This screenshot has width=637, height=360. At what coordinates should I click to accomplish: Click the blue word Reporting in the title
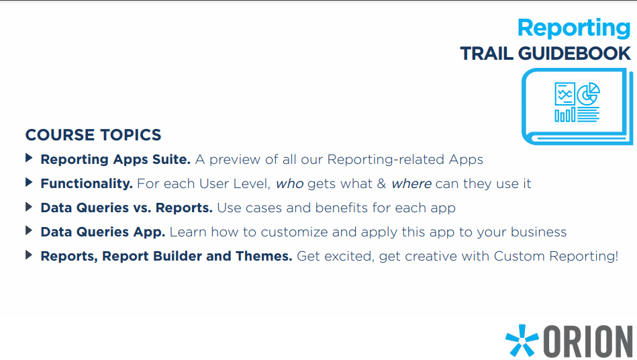[574, 28]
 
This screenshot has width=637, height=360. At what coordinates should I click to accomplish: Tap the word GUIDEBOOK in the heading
[575, 54]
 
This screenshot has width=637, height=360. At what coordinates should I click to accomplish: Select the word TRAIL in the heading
[487, 54]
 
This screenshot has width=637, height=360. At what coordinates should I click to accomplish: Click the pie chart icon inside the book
[588, 94]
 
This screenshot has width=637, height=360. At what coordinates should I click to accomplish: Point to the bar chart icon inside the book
[565, 115]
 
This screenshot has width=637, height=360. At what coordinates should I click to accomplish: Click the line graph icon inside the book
[565, 94]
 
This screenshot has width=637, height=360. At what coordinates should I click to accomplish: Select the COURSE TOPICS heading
[93, 135]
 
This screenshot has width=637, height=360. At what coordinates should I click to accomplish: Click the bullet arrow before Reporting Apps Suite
[28, 158]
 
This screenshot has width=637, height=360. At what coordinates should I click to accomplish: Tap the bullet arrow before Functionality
[28, 183]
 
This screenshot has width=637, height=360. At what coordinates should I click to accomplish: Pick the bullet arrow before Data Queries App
[28, 231]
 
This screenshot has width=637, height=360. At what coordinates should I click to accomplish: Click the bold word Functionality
[87, 183]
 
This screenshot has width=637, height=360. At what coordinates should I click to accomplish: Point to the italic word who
[290, 184]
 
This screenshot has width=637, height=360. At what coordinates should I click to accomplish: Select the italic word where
[411, 184]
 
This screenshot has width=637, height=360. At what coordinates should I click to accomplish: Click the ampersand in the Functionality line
[381, 183]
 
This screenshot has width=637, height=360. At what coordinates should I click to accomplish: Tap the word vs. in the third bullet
[142, 208]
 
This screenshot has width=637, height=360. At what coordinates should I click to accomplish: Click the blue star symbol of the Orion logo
[522, 340]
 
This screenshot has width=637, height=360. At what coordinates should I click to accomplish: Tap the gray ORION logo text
[588, 341]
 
